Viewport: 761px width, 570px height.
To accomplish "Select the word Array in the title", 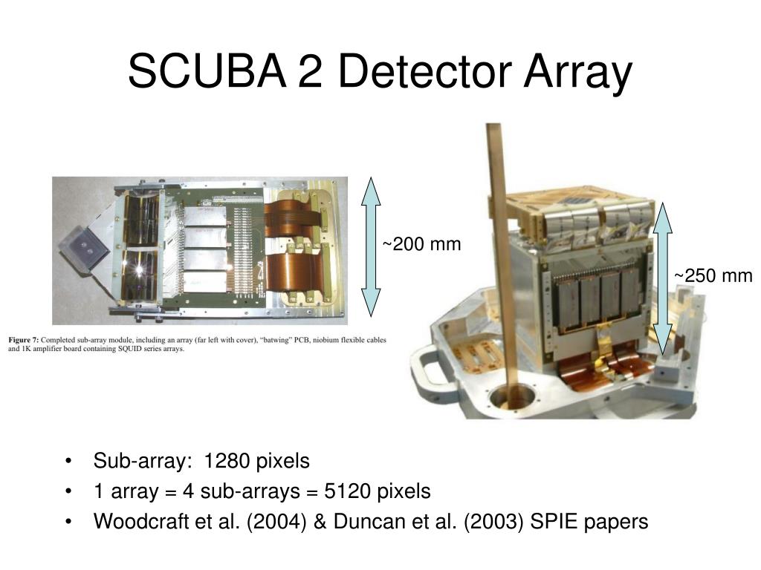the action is (577, 73).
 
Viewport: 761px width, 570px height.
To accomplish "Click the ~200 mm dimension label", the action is (421, 244).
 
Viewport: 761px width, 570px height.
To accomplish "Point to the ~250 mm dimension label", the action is (713, 276).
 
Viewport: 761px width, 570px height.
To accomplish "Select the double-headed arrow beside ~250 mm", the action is (661, 278).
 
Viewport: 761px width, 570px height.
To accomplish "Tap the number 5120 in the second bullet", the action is (346, 491).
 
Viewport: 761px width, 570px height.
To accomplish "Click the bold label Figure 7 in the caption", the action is (26, 340).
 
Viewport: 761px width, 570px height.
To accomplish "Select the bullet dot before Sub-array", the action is (69, 462).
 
